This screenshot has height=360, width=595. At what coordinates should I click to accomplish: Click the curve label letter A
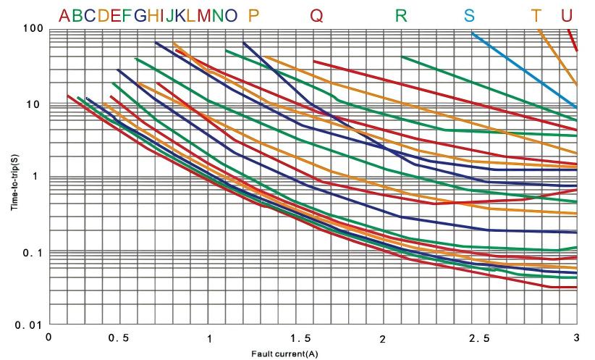click(x=64, y=15)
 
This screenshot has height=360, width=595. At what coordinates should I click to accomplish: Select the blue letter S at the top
click(x=469, y=15)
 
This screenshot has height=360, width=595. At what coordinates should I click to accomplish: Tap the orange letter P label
click(x=253, y=15)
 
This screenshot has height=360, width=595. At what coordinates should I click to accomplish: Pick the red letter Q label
click(x=316, y=16)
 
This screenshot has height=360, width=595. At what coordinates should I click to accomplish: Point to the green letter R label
click(x=401, y=15)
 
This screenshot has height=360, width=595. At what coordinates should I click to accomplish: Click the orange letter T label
click(x=536, y=15)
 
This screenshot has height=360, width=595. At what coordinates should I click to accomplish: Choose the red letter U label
click(x=566, y=15)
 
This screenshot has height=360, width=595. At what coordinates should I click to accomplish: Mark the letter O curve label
click(x=231, y=15)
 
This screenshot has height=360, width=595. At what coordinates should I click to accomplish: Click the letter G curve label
click(x=140, y=15)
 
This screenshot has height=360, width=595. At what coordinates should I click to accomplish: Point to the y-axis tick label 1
click(x=35, y=176)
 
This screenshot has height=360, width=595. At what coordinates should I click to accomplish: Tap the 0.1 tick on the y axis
click(x=33, y=253)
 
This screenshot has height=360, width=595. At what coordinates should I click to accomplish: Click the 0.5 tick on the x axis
click(x=119, y=338)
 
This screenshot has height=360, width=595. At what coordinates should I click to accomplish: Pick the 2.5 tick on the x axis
click(x=480, y=338)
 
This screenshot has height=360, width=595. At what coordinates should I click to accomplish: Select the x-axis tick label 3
click(x=576, y=338)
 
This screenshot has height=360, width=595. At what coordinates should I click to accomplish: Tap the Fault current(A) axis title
click(x=284, y=354)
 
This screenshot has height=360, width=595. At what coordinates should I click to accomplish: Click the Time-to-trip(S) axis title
click(x=14, y=183)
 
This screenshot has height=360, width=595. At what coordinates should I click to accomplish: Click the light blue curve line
click(x=524, y=70)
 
